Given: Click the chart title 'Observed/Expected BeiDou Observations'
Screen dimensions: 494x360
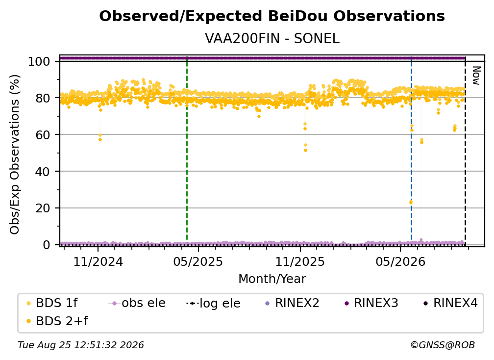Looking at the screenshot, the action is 272,16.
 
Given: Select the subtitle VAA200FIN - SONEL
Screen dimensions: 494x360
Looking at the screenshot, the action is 272,38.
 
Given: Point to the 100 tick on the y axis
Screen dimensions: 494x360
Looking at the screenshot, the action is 39,61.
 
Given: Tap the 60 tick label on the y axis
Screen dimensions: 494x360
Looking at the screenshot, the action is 43,135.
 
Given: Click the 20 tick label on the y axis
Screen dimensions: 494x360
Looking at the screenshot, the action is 43,208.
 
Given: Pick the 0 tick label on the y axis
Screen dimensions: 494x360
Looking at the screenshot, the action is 46,245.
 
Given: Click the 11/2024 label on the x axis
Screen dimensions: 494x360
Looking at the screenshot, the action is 98,261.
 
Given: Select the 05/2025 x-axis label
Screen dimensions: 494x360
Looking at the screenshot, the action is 198,261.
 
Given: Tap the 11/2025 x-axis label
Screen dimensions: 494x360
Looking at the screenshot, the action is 300,261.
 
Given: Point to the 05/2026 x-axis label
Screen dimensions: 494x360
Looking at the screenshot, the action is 400,261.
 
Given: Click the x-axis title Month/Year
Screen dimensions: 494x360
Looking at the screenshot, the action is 272,279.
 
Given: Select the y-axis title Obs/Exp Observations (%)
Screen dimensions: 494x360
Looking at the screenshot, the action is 15,154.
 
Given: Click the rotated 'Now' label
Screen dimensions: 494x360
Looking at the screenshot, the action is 476,76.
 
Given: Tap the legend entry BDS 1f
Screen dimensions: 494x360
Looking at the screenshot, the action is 52,303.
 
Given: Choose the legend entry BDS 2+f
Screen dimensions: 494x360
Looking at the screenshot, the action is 57,321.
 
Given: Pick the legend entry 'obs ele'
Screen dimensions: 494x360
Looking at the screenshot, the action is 137,303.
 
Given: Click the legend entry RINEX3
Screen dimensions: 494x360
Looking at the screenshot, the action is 372,303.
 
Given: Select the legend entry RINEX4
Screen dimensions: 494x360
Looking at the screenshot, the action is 451,303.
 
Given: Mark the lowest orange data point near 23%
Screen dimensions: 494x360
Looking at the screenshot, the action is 411,203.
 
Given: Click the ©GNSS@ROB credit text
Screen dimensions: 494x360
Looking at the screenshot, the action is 443,345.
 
